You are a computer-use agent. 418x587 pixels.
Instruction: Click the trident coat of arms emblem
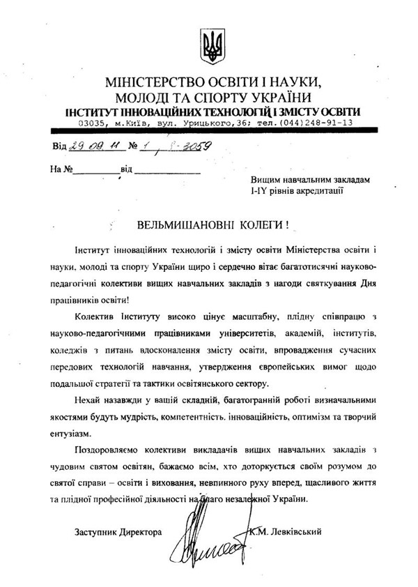click(x=213, y=45)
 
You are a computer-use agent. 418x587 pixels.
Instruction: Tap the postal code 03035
click(x=93, y=123)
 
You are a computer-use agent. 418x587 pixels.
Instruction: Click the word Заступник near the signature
click(x=98, y=532)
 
